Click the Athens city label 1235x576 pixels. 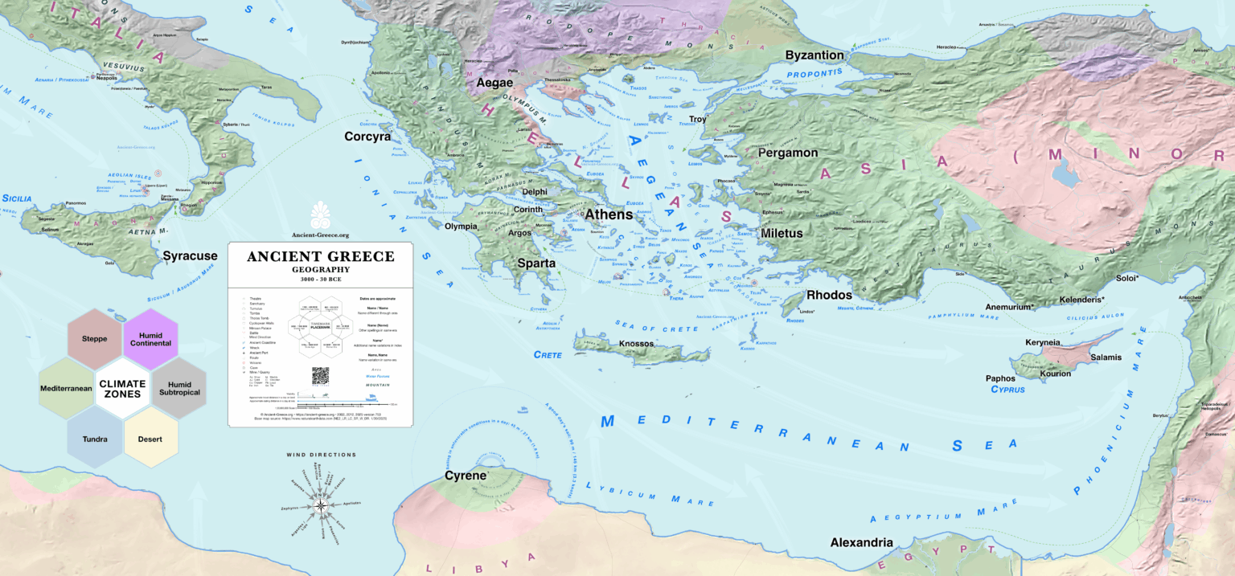(609, 214)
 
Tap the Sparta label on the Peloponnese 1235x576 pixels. (536, 263)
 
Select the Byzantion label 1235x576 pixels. (814, 55)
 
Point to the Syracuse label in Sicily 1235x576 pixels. (190, 256)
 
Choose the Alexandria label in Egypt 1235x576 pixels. (861, 542)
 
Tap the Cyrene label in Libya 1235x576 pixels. (466, 476)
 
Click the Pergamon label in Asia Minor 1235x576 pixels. (787, 153)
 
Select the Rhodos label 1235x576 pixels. (829, 295)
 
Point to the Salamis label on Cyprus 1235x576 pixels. (1106, 356)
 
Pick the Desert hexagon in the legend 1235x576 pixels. (150, 439)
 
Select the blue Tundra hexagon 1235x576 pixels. (94, 439)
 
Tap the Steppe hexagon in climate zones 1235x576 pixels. (94, 338)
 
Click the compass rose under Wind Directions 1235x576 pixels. (321, 505)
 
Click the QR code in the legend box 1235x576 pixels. (321, 376)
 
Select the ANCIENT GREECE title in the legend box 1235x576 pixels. (320, 257)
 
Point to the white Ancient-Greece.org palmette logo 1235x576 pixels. (320, 214)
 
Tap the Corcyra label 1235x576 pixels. (367, 137)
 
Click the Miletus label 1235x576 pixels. (782, 234)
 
